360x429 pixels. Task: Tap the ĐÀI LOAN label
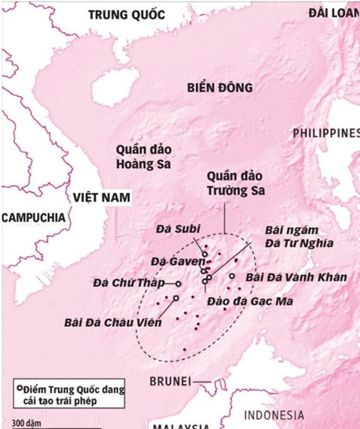[x=335, y=13]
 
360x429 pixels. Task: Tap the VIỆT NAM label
[x=100, y=196]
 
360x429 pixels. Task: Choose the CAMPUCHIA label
[x=33, y=217]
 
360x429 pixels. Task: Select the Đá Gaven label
[x=171, y=260]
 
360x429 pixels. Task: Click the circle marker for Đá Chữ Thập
[x=178, y=283]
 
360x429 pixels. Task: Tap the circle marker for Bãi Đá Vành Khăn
[x=232, y=277]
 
